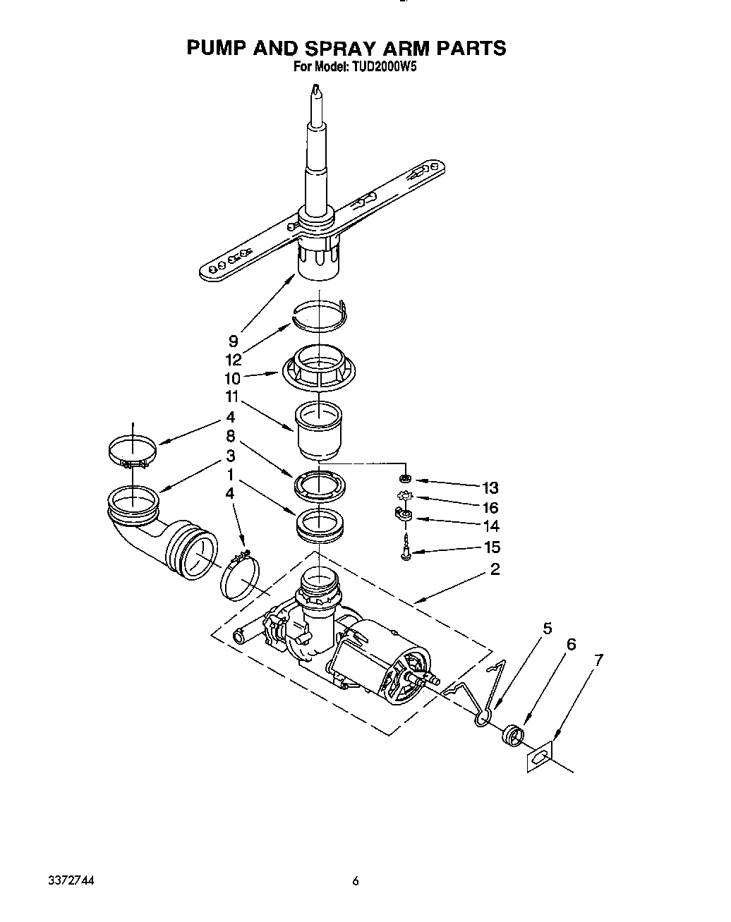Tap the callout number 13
pyautogui.click(x=490, y=487)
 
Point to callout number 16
pyautogui.click(x=490, y=507)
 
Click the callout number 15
pyautogui.click(x=492, y=547)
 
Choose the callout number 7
pyautogui.click(x=598, y=661)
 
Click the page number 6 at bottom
pyautogui.click(x=356, y=881)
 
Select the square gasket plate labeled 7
pyautogui.click(x=540, y=757)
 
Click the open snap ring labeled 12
pyautogui.click(x=319, y=314)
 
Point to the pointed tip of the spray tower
pyautogui.click(x=317, y=89)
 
